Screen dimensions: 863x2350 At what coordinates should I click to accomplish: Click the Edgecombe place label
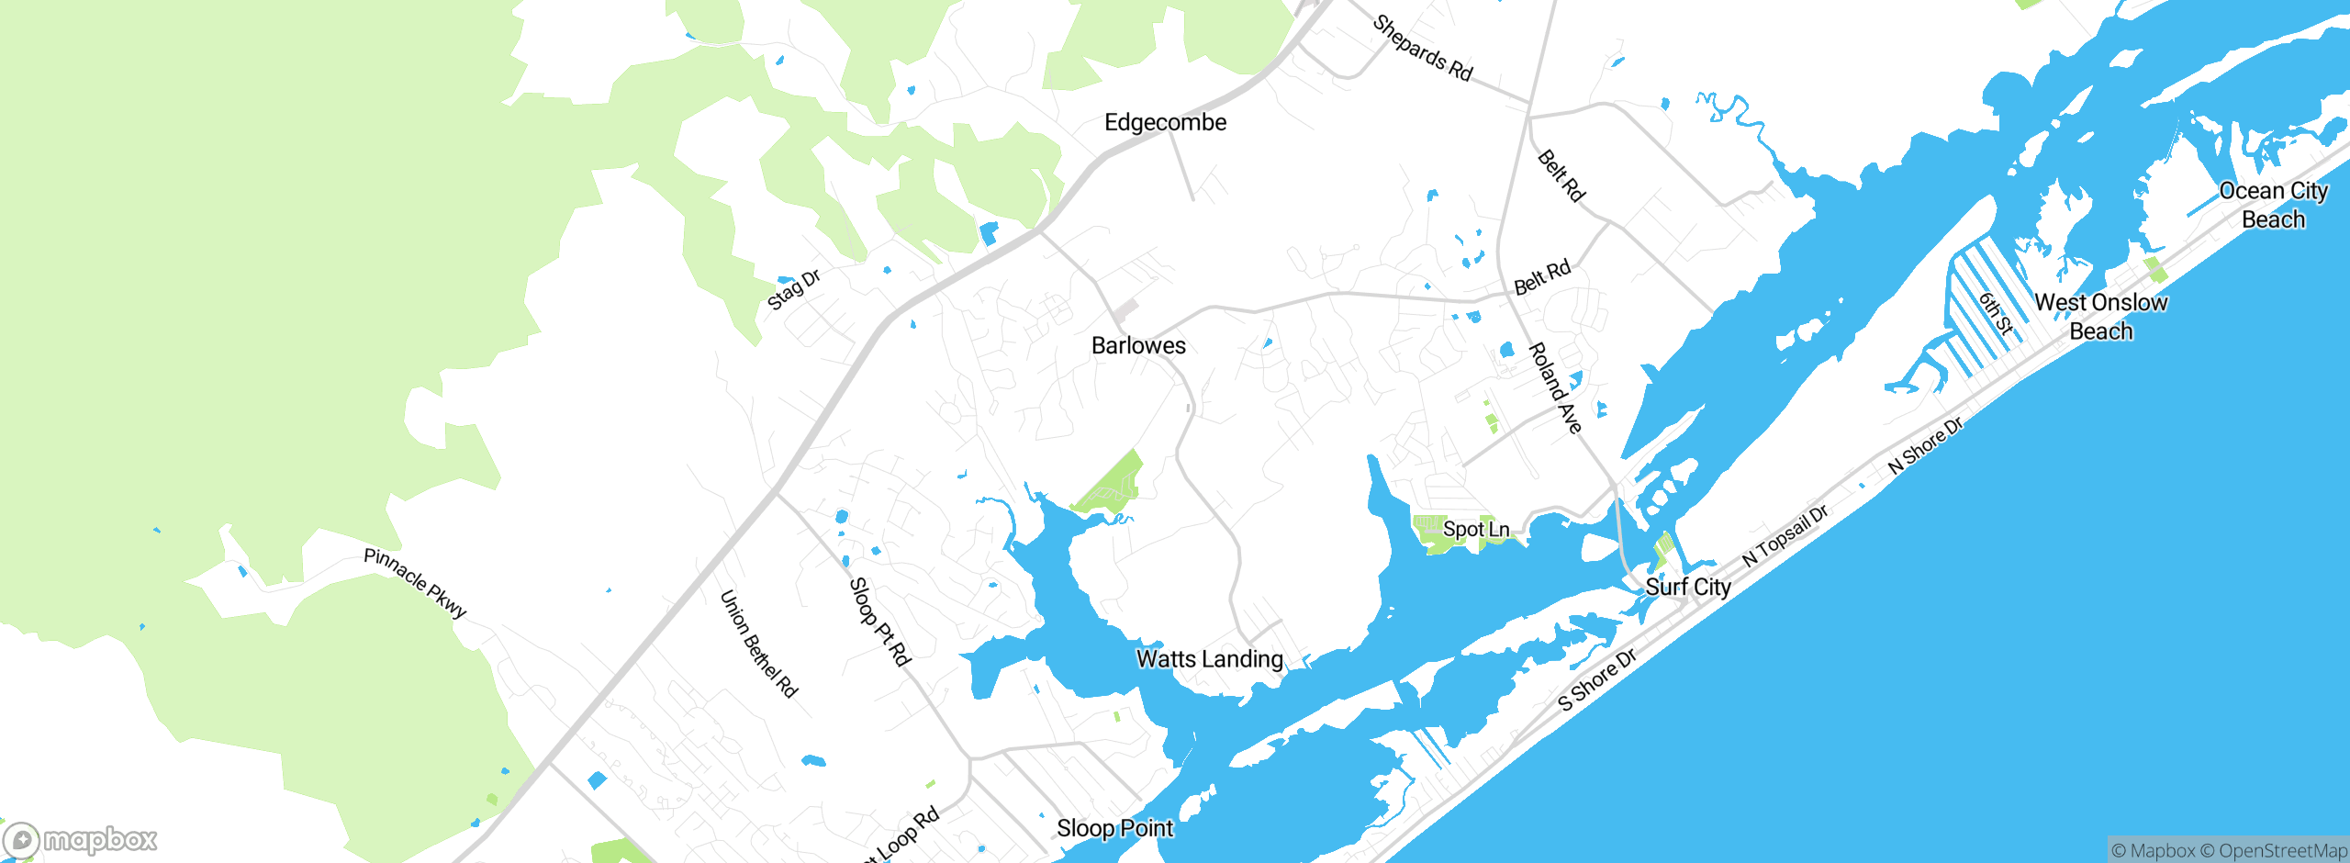[x=1165, y=123]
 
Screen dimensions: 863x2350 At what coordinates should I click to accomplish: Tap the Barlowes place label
[x=1138, y=346]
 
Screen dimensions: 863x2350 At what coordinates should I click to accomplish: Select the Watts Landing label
[x=1209, y=659]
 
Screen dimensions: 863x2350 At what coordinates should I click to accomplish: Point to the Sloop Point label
[x=1114, y=829]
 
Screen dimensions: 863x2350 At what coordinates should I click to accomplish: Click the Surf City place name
[x=1687, y=588]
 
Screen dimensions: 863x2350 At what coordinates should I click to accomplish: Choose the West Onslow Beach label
[x=2100, y=317]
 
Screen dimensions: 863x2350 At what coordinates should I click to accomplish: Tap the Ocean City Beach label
[x=2273, y=205]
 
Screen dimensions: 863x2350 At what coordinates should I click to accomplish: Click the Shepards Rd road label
[x=1422, y=49]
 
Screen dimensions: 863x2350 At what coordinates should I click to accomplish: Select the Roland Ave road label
[x=1555, y=387]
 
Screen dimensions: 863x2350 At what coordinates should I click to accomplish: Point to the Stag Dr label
[x=793, y=290]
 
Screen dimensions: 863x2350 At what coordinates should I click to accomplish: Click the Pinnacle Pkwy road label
[x=416, y=583]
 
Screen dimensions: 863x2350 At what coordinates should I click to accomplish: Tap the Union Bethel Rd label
[x=758, y=644]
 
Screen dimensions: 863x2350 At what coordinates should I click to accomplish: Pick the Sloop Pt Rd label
[x=878, y=622]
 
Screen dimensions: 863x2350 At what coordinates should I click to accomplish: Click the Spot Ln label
[x=1475, y=530]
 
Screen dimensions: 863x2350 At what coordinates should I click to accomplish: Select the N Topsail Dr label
[x=1785, y=535]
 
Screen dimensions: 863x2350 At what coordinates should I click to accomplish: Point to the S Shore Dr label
[x=1597, y=680]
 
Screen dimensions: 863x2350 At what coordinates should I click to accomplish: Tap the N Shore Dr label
[x=1925, y=446]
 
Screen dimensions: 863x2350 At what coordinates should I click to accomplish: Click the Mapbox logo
[x=81, y=839]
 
